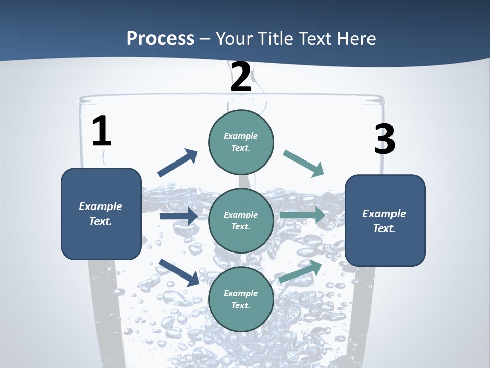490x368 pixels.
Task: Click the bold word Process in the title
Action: tap(160, 39)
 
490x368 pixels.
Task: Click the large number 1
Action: tap(102, 132)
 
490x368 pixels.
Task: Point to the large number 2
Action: tap(241, 77)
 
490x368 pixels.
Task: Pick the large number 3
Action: tap(384, 140)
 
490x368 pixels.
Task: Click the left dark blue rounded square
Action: tap(101, 214)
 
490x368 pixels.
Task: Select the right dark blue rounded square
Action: tap(385, 220)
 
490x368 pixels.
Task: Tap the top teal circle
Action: tap(241, 142)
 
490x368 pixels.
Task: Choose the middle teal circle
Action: tap(241, 220)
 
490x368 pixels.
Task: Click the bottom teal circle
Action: tap(241, 299)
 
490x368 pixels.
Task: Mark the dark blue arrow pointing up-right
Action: tap(178, 163)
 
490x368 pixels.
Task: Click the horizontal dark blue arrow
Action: tap(179, 216)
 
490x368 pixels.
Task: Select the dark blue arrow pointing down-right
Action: tap(179, 272)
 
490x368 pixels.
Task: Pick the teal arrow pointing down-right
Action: tap(304, 164)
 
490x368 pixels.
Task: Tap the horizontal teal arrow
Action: tap(302, 215)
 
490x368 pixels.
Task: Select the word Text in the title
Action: tap(316, 39)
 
